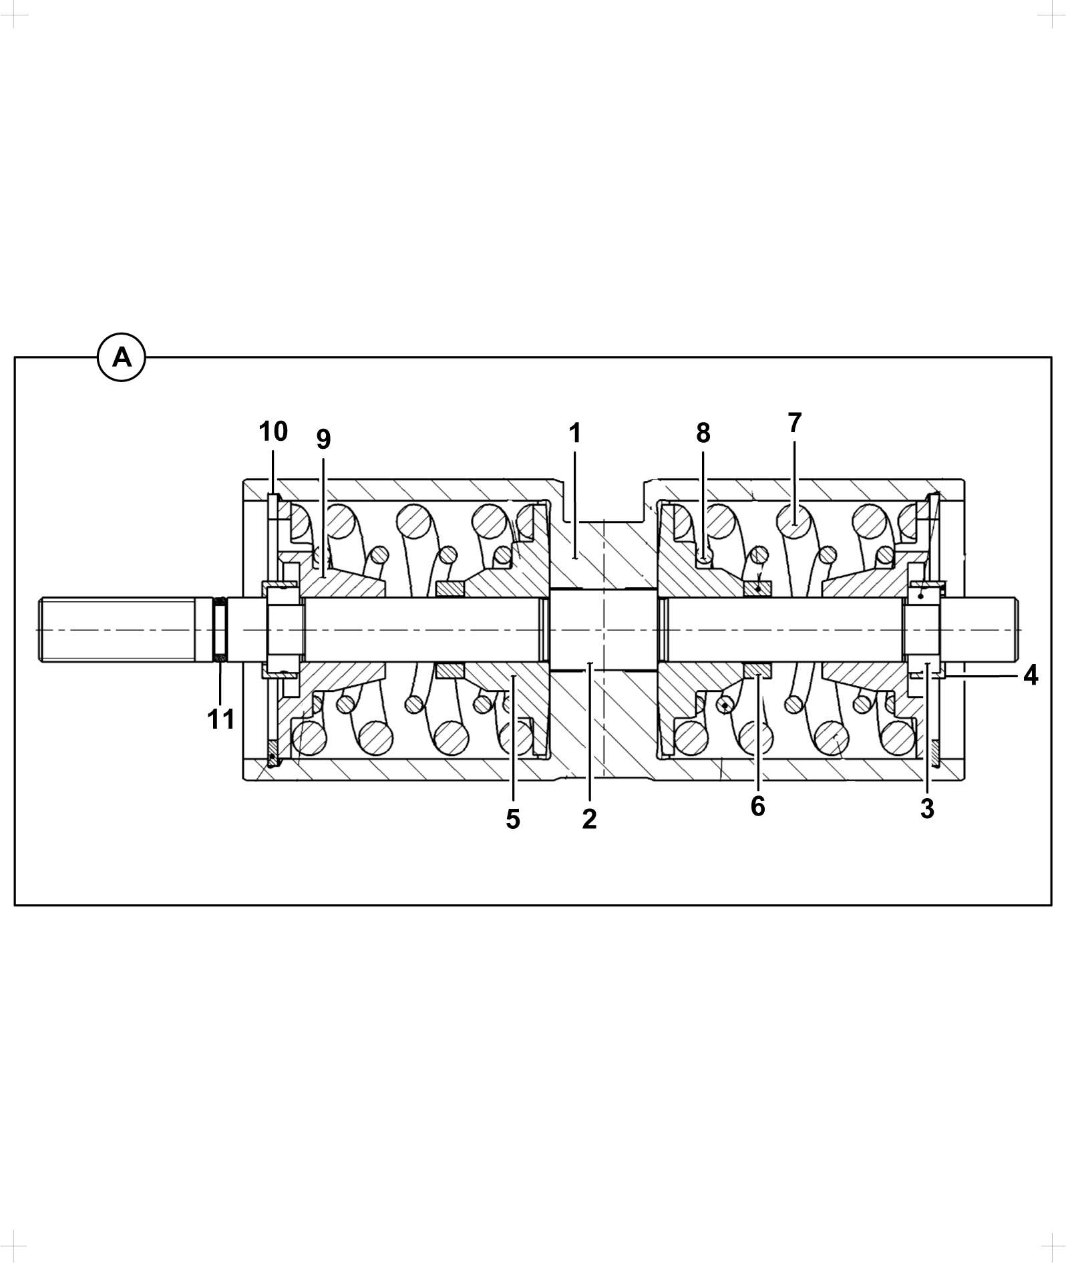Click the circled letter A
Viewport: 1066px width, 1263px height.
(122, 358)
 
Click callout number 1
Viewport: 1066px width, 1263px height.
(574, 433)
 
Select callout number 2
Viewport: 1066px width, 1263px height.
(588, 819)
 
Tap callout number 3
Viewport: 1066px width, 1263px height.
(927, 809)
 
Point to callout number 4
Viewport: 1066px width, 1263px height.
(1031, 675)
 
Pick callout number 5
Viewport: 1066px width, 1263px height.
(512, 820)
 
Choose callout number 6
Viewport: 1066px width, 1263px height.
(757, 806)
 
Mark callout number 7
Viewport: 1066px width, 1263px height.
(794, 423)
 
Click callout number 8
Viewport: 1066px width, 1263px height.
(703, 433)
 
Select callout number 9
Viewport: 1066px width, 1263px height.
(323, 439)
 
